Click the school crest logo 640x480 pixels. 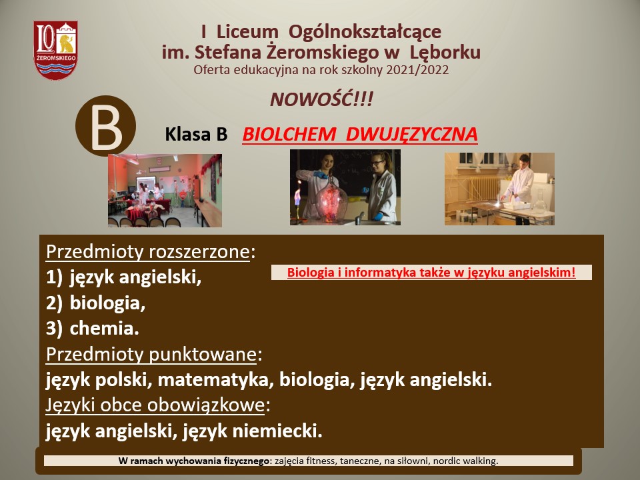(x=55, y=50)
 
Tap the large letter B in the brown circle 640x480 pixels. (x=106, y=127)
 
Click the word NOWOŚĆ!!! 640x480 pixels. (x=321, y=99)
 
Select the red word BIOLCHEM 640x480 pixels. (x=289, y=134)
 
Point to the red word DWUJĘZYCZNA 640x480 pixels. (x=411, y=135)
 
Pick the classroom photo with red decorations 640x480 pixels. (x=165, y=190)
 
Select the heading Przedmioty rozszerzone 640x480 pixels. (x=147, y=252)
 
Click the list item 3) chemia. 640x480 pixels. (x=93, y=329)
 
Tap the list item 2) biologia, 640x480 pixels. (x=95, y=303)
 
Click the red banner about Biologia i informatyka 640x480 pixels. (x=431, y=272)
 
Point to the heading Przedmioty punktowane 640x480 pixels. (x=151, y=354)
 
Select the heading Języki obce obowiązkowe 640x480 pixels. (x=155, y=405)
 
